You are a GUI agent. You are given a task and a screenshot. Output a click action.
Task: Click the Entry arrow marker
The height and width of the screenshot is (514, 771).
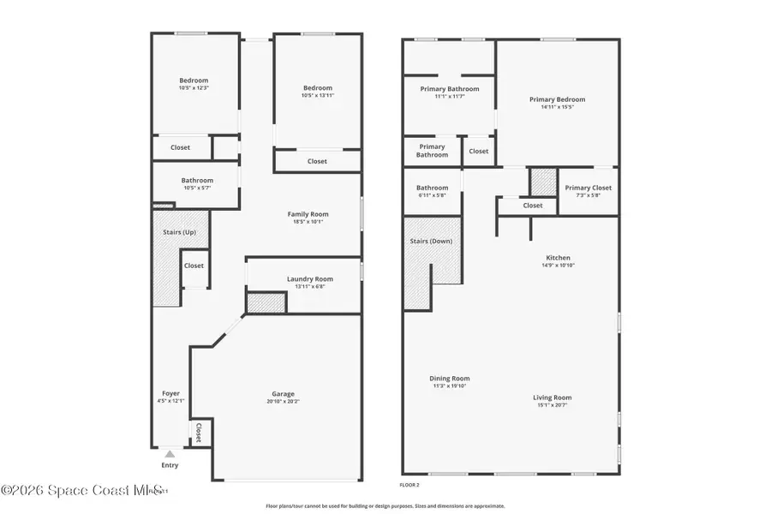click(x=170, y=454)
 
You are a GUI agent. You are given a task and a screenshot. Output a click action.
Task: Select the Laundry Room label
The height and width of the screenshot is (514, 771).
click(x=309, y=278)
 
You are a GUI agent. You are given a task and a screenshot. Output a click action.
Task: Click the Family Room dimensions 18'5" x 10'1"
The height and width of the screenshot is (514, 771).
click(x=308, y=221)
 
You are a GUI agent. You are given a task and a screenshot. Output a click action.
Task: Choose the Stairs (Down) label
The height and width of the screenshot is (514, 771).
click(x=431, y=241)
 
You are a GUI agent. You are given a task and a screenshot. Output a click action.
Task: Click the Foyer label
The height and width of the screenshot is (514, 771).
click(x=170, y=393)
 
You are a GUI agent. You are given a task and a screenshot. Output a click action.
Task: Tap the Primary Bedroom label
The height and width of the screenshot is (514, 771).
click(x=557, y=99)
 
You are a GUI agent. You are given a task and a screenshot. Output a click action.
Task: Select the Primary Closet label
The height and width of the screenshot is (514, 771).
click(x=588, y=188)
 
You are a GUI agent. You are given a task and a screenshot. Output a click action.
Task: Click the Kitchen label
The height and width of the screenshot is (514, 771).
click(x=558, y=258)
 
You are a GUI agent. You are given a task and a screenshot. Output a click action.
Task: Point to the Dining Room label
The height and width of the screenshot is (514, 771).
click(x=449, y=379)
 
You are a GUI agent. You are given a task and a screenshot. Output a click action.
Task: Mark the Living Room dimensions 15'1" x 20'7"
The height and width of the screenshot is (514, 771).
click(x=552, y=404)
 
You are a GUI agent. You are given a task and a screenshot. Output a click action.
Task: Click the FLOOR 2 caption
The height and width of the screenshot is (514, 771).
click(x=410, y=485)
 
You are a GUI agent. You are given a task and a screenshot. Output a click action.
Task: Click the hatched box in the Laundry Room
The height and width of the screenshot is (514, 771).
click(x=266, y=302)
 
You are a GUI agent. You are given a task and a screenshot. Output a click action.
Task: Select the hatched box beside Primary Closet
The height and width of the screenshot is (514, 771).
click(x=542, y=182)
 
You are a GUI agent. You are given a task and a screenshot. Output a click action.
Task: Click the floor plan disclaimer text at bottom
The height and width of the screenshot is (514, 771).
click(x=385, y=505)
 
